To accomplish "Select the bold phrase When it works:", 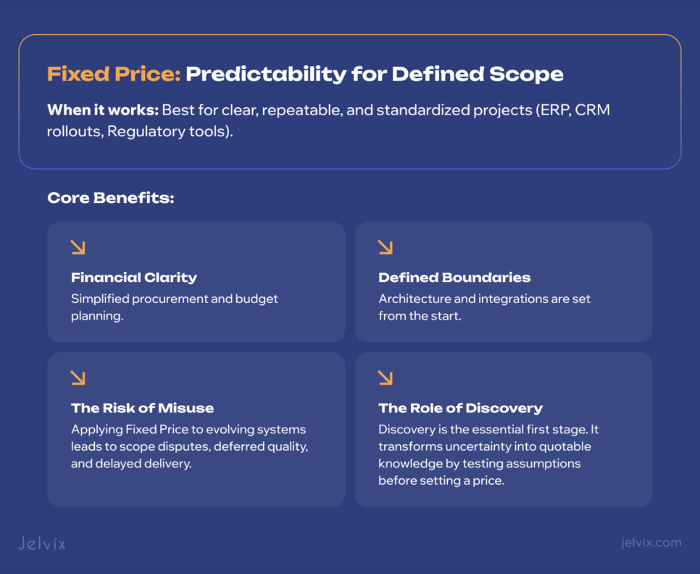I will tap(101, 111).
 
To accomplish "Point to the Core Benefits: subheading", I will tap(110, 198).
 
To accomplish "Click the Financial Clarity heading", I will tap(134, 278).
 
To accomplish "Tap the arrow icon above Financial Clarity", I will tap(78, 248).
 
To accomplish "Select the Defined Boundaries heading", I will tap(454, 278).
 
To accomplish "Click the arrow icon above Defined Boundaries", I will tap(386, 248).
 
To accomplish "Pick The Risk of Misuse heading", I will tap(142, 408).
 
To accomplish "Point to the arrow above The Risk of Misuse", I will tap(78, 378).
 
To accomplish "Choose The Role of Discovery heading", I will tap(460, 408).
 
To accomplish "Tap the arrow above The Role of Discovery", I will tap(386, 378).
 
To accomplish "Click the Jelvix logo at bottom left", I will tap(42, 543).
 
